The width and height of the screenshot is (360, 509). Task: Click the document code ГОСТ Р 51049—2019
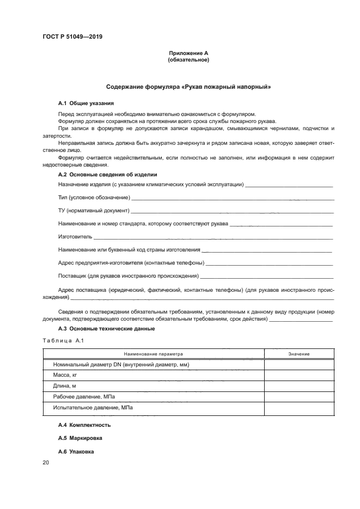pyautogui.click(x=72, y=37)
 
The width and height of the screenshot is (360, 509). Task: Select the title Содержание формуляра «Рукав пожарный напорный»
pyautogui.click(x=188, y=87)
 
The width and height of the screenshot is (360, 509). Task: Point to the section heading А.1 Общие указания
pyautogui.click(x=86, y=103)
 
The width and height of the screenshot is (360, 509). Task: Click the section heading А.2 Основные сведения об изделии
pyautogui.click(x=107, y=175)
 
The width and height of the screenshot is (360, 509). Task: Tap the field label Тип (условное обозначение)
pyautogui.click(x=94, y=197)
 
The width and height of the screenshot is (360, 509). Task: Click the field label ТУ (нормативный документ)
pyautogui.click(x=93, y=210)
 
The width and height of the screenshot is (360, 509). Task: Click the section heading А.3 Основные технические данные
pyautogui.click(x=106, y=329)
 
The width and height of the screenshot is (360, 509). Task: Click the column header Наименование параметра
pyautogui.click(x=153, y=354)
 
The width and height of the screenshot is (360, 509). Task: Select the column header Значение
pyautogui.click(x=298, y=354)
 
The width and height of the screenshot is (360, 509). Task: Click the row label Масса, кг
pyautogui.click(x=66, y=375)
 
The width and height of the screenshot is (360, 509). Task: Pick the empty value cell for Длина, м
pyautogui.click(x=298, y=386)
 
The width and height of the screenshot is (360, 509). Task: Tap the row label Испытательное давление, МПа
pyautogui.click(x=93, y=407)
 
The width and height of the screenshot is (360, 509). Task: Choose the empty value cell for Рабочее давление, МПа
pyautogui.click(x=298, y=397)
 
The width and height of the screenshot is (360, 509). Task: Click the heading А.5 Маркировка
pyautogui.click(x=80, y=438)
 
